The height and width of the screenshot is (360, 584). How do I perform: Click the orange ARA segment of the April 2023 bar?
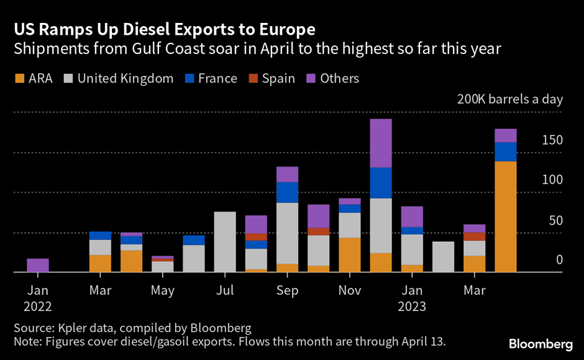click(x=505, y=216)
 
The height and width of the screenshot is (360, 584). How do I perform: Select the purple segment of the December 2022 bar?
click(x=380, y=143)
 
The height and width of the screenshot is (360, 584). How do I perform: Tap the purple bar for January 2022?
click(x=38, y=265)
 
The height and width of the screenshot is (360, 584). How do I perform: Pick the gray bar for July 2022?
click(x=225, y=242)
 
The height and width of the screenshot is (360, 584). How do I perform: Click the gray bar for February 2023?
click(x=443, y=257)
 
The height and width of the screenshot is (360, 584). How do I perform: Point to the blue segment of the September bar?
click(x=287, y=192)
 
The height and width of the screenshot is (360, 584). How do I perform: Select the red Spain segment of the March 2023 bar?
click(x=474, y=236)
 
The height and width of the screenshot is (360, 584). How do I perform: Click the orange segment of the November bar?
click(x=349, y=255)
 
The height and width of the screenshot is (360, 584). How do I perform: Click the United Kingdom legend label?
click(x=125, y=78)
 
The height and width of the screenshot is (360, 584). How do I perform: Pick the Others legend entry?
click(x=339, y=78)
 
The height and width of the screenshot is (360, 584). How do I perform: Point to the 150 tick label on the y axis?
click(x=551, y=140)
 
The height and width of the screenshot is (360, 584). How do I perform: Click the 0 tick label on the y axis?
click(x=559, y=260)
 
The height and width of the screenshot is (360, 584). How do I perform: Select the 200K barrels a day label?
click(x=509, y=99)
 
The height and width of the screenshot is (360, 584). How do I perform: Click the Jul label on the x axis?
click(x=225, y=290)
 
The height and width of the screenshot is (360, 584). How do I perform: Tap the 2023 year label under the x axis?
click(x=411, y=306)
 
